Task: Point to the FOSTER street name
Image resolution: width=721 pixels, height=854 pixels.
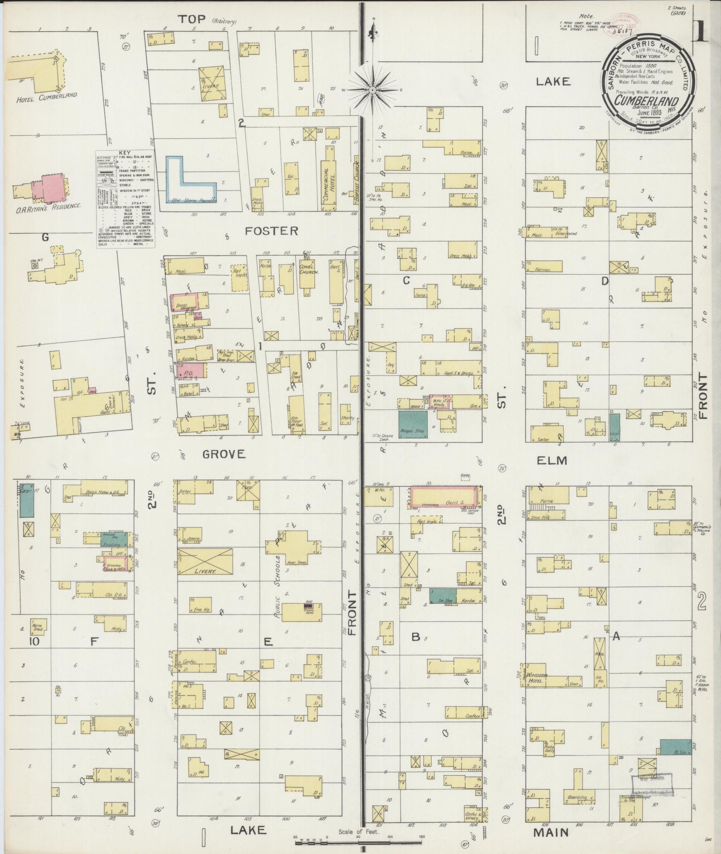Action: [x=272, y=231]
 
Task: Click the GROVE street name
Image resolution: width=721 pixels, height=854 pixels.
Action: [x=224, y=454]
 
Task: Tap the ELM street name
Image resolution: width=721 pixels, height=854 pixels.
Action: [x=551, y=460]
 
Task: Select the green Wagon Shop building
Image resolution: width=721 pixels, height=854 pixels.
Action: [x=412, y=425]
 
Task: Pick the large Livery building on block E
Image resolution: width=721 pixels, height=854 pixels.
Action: [x=205, y=561]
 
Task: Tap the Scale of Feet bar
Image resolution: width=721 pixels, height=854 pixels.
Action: [x=358, y=843]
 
